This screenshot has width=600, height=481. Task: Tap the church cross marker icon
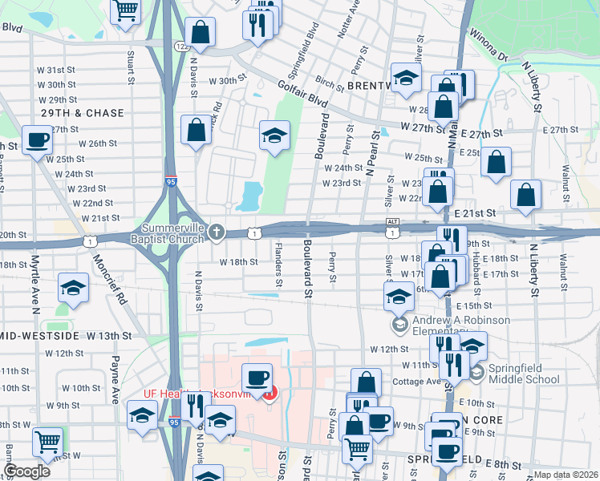click(216, 232)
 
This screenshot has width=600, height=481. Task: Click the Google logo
click(26, 471)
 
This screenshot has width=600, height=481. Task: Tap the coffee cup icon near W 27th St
click(37, 139)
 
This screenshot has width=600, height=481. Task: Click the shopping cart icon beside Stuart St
click(126, 10)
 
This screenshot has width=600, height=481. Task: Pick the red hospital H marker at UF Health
click(271, 393)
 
